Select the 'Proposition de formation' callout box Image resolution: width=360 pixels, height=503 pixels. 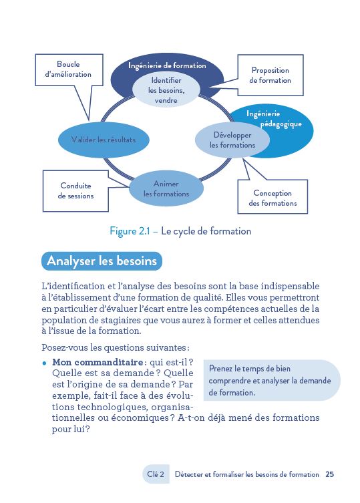(x=270, y=75)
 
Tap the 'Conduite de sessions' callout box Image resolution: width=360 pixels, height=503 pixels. (x=75, y=191)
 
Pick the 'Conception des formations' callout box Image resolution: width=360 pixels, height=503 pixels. (x=273, y=198)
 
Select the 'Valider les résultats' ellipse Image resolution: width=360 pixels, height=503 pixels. (x=103, y=140)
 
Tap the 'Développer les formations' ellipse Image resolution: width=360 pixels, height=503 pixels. (x=232, y=140)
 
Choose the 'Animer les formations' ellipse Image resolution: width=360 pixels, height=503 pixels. (x=166, y=188)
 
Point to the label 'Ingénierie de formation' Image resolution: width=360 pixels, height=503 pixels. (x=167, y=66)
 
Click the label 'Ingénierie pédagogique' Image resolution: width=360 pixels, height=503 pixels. (x=274, y=119)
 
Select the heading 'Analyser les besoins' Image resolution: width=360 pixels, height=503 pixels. (x=102, y=261)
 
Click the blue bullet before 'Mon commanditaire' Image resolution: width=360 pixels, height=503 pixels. (x=44, y=363)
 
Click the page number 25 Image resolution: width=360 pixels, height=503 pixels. (x=330, y=475)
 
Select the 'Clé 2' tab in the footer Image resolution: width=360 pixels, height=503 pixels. (x=156, y=475)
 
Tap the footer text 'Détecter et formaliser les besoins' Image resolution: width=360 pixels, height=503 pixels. (x=246, y=475)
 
